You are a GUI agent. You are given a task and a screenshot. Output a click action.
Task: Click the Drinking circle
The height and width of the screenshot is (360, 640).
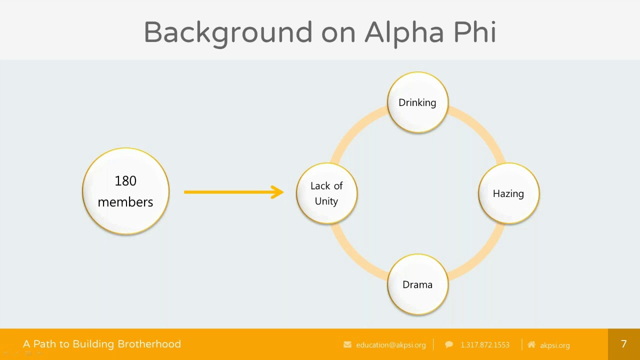tap(417, 102)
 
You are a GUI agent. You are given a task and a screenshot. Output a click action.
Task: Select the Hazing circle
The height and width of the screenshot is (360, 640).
tap(508, 193)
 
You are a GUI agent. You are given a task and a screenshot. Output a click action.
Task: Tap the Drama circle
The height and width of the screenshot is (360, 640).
tap(417, 284)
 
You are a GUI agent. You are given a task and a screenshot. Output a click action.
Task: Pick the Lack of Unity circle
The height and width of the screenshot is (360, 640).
tap(326, 193)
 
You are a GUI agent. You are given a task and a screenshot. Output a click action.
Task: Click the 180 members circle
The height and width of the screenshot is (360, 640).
tap(125, 191)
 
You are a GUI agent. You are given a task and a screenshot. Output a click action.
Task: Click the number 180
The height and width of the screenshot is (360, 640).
tap(125, 181)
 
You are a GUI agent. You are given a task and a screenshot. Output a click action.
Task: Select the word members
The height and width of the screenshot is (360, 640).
tap(125, 202)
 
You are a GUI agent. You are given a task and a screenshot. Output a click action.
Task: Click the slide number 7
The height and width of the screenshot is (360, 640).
tap(623, 343)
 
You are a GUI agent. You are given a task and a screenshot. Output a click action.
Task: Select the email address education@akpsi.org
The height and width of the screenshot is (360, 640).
tap(391, 345)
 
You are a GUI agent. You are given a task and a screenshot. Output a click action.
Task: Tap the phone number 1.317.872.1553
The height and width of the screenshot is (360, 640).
tap(485, 345)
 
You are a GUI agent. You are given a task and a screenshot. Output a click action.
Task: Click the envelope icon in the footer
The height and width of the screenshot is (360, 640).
tap(347, 344)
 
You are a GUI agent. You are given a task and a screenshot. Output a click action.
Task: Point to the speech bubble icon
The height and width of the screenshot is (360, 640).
tap(449, 344)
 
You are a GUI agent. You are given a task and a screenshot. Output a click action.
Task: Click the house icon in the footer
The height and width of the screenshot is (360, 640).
tap(531, 344)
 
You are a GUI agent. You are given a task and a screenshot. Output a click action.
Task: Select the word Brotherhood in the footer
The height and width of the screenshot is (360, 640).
tap(149, 344)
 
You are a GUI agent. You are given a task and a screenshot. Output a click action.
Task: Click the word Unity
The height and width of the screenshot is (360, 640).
tap(326, 201)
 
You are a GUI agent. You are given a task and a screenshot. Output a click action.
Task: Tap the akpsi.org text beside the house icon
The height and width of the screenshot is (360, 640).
tap(555, 345)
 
